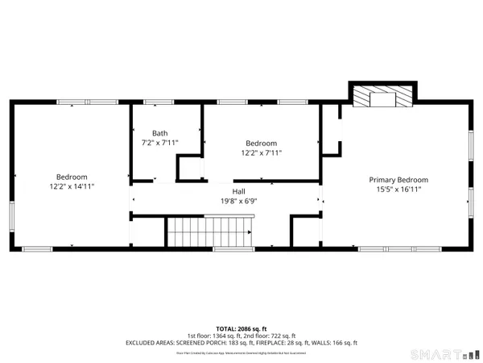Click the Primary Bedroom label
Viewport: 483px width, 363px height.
pyautogui.click(x=398, y=180)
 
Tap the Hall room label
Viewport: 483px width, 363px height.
pyautogui.click(x=239, y=191)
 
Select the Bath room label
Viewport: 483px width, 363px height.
pyautogui.click(x=159, y=133)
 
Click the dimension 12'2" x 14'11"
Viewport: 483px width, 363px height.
pyautogui.click(x=72, y=186)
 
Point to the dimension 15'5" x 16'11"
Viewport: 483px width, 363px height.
pyautogui.click(x=398, y=190)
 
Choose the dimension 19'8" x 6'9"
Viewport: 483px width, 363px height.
pyautogui.click(x=239, y=201)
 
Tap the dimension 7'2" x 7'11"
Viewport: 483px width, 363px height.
pyautogui.click(x=159, y=143)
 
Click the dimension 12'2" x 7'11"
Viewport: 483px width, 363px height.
pyautogui.click(x=261, y=152)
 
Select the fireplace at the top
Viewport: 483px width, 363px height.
pyautogui.click(x=382, y=98)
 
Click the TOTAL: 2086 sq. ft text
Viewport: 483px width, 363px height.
pyautogui.click(x=241, y=329)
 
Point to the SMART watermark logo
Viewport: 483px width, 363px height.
pyautogui.click(x=435, y=353)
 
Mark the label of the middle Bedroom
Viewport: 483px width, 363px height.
pyautogui.click(x=261, y=143)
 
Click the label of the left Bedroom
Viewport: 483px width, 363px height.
pyautogui.click(x=72, y=177)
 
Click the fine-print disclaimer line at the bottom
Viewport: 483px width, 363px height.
pyautogui.click(x=241, y=353)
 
